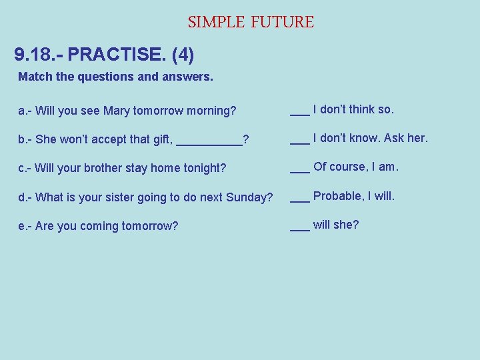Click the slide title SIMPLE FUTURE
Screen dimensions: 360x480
[251, 22]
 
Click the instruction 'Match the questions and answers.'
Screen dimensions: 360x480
[116, 77]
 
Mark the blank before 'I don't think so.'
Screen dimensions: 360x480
[299, 112]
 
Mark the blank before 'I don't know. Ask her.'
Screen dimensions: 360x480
[299, 141]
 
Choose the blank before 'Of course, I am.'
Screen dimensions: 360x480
[299, 169]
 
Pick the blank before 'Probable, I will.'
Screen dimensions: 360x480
[299, 199]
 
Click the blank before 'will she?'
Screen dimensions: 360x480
[299, 227]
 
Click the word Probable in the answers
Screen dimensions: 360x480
[337, 196]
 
